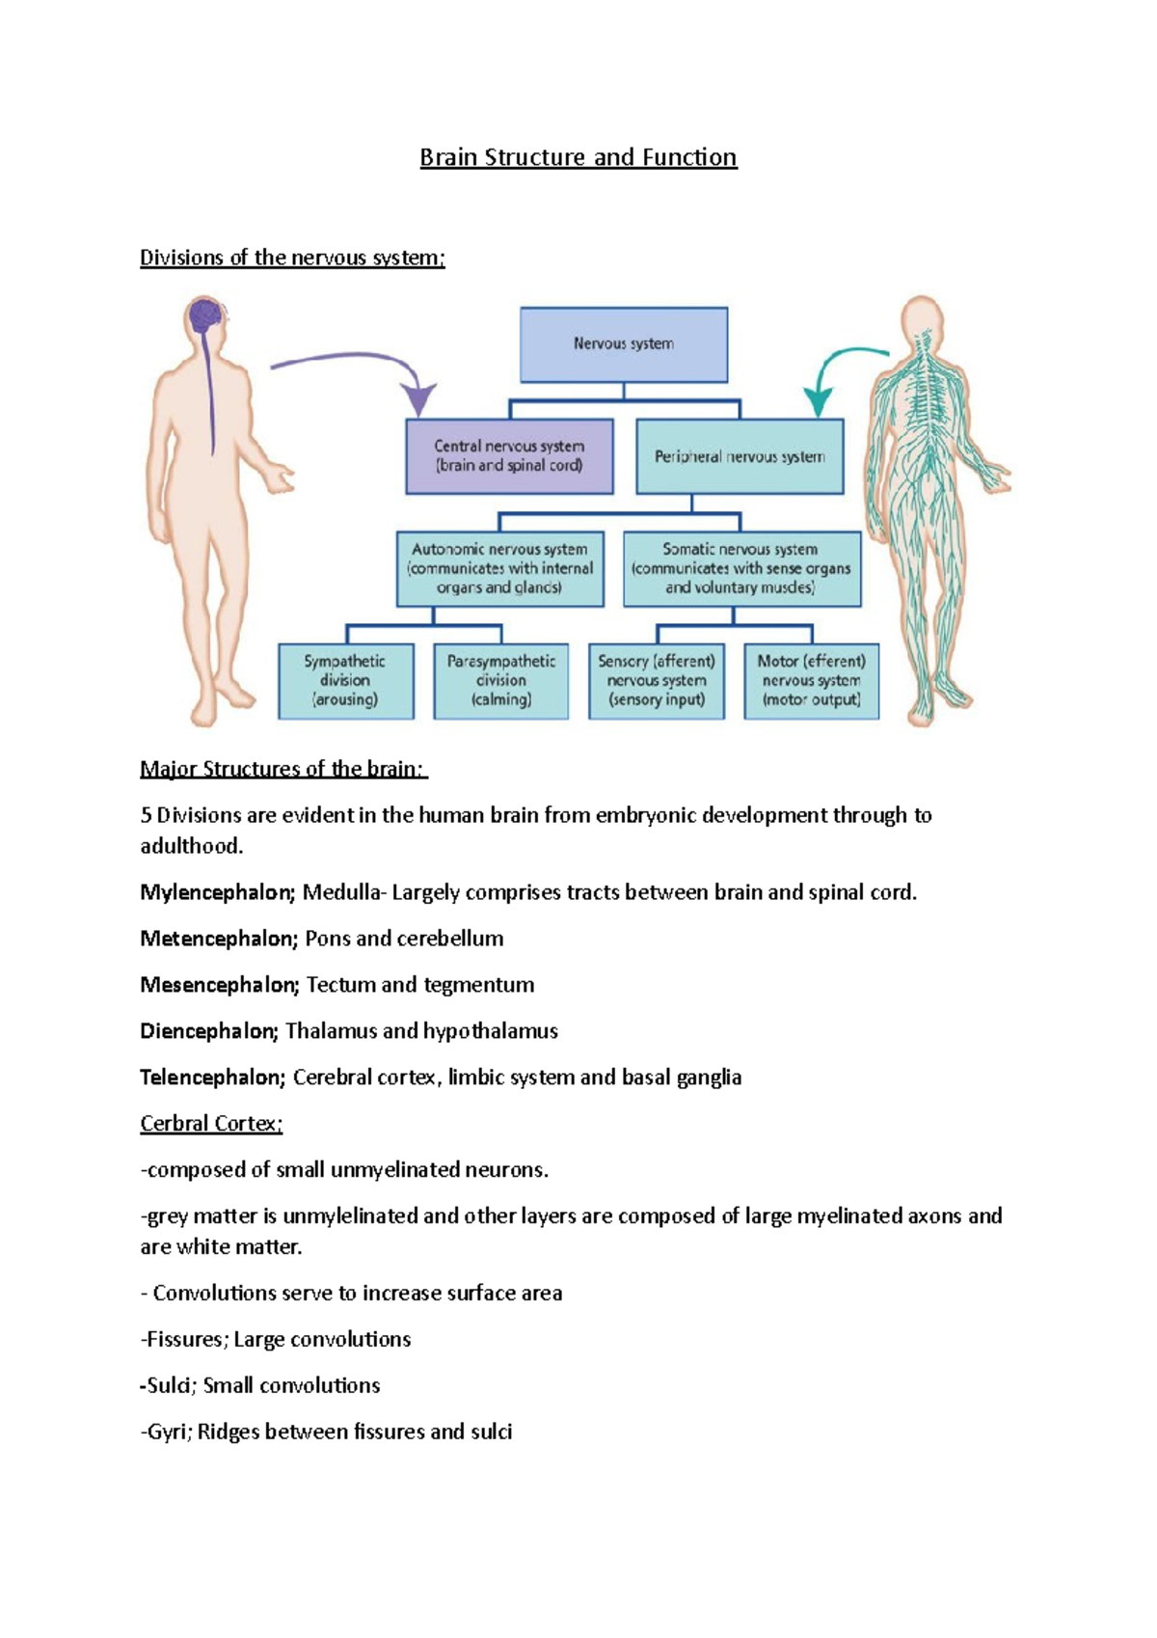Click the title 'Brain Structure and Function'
[x=578, y=157]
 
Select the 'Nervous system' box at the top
[x=624, y=344]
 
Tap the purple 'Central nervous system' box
[x=509, y=456]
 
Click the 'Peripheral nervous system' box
[x=740, y=456]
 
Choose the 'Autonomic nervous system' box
[x=499, y=568]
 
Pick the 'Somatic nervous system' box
[x=741, y=568]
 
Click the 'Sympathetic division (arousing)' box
[x=345, y=681]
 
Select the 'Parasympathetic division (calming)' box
[x=500, y=681]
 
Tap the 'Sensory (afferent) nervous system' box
[x=657, y=681]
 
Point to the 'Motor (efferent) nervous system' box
[x=811, y=681]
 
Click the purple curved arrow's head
[x=418, y=397]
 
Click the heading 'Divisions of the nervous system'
[x=292, y=258]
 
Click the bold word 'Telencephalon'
[x=212, y=1078]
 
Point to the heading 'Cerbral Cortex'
[x=211, y=1124]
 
